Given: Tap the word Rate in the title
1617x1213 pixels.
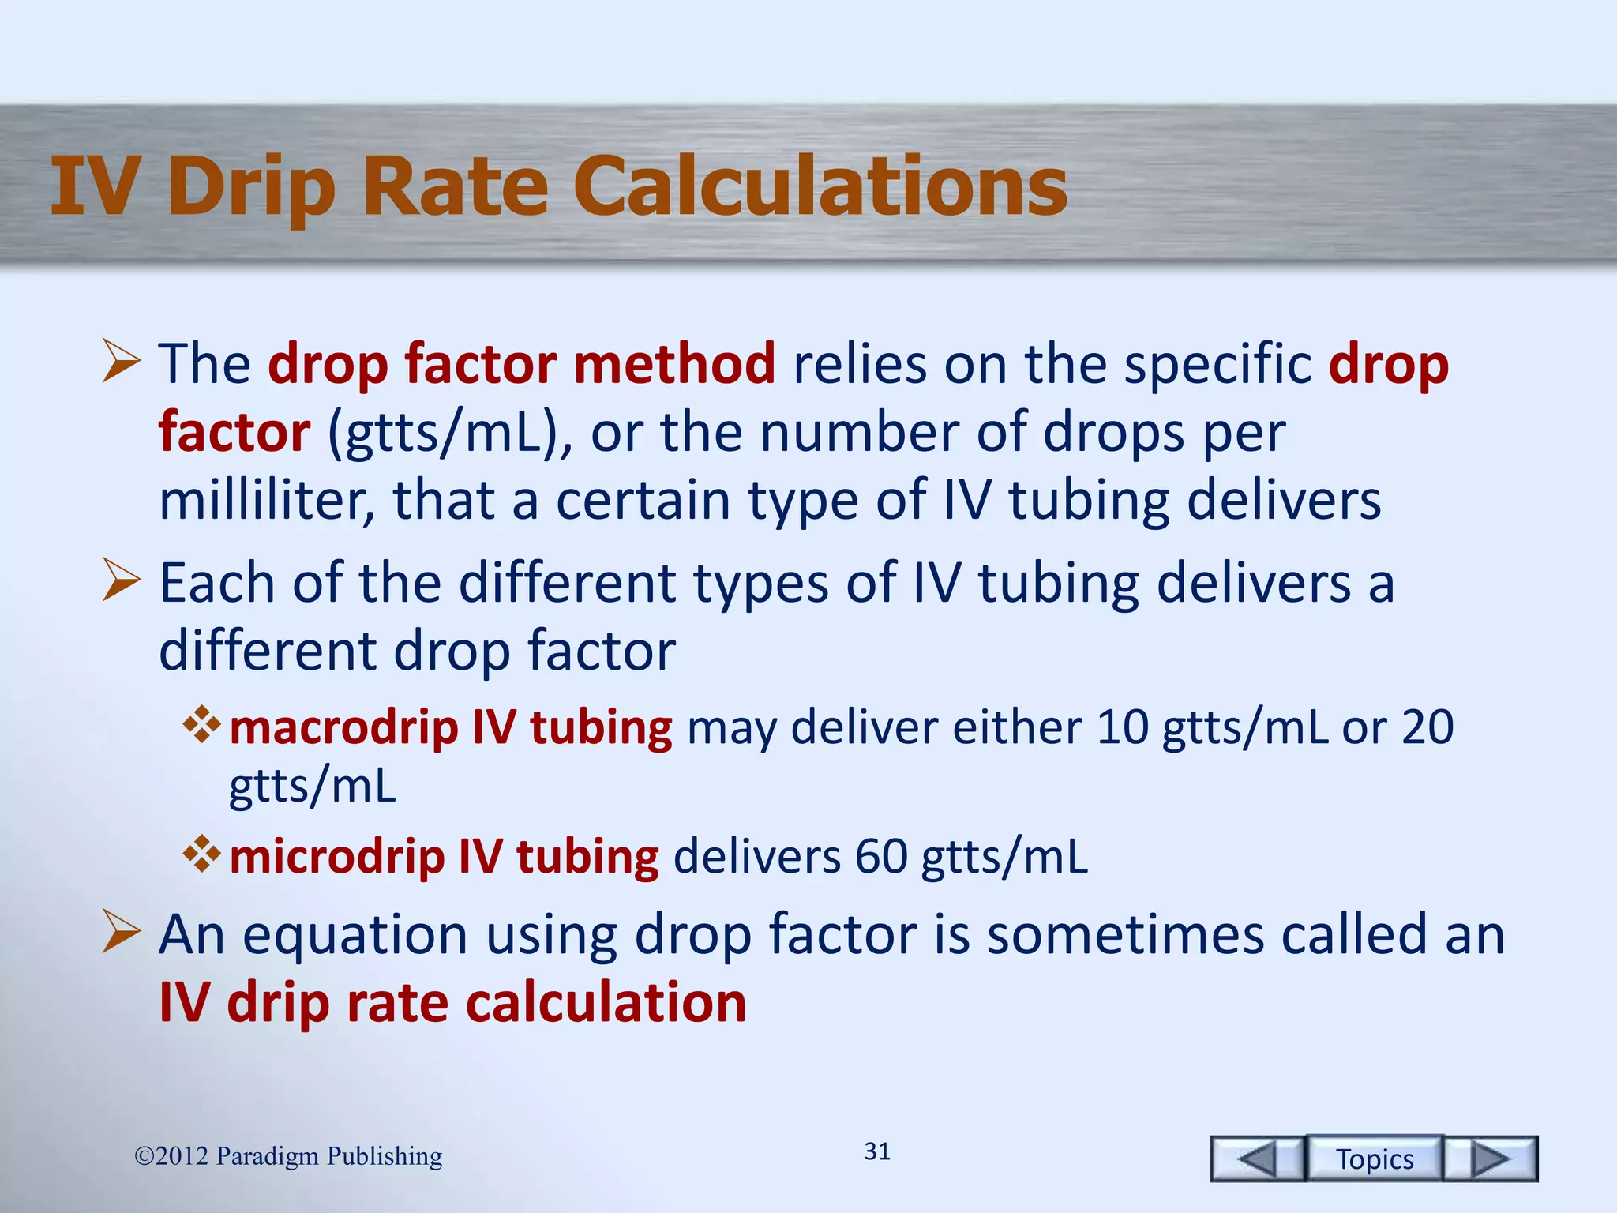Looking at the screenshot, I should (456, 186).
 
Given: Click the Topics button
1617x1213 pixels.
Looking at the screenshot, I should (1375, 1159).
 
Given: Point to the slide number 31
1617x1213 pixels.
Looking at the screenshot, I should (877, 1151).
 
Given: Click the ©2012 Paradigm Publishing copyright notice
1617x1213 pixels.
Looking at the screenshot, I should (288, 1156).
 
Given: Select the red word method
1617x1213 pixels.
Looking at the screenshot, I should (674, 364).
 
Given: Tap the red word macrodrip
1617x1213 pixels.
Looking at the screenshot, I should (343, 727).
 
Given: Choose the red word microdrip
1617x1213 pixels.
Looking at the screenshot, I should (337, 857).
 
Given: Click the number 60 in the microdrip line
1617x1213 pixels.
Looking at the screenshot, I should (881, 857).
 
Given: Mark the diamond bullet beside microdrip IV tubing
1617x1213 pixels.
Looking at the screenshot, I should (202, 854).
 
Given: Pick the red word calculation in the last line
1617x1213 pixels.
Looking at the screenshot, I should (606, 1003).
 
